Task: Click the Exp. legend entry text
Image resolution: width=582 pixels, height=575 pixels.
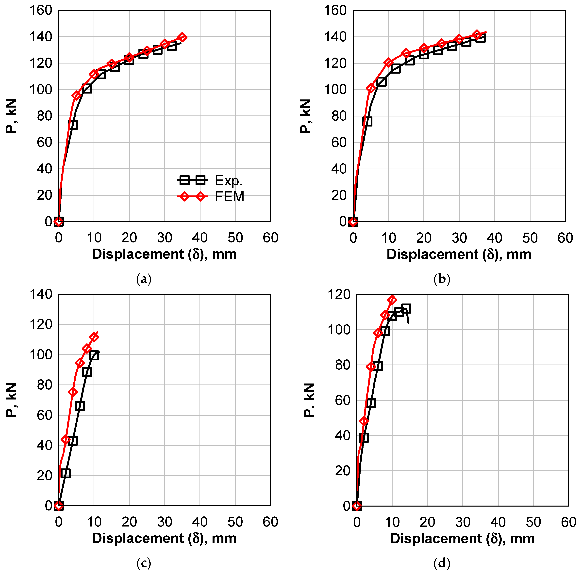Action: click(228, 181)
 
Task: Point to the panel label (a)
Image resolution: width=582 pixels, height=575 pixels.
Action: click(144, 279)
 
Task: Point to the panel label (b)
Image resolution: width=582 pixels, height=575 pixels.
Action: click(442, 279)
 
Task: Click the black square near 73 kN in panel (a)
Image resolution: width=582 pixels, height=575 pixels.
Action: click(73, 125)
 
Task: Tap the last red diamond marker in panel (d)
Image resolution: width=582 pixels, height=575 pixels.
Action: click(392, 300)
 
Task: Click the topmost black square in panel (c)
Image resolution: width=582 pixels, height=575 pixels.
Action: click(94, 355)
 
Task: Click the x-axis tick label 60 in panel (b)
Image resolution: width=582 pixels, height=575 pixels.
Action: click(565, 238)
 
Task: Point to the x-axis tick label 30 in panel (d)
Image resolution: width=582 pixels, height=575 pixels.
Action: click(463, 522)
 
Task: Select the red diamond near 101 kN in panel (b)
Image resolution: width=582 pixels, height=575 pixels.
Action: click(371, 88)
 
